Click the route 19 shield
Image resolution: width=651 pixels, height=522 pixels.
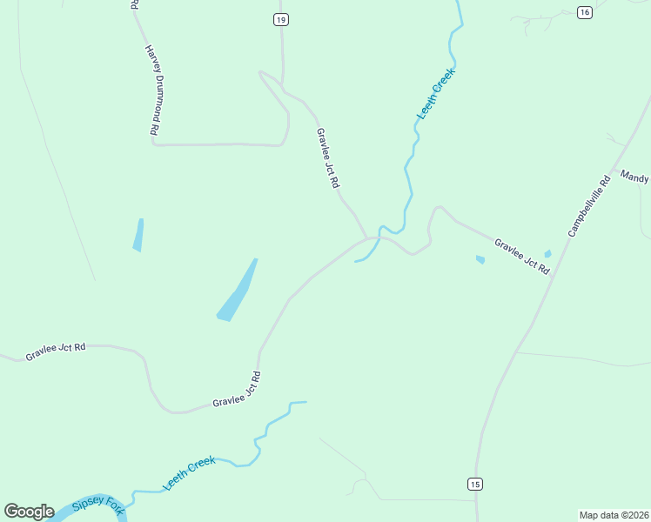pos(280,19)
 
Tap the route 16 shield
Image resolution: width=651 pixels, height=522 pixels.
pos(584,11)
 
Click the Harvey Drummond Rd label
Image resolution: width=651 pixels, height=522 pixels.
pos(151,90)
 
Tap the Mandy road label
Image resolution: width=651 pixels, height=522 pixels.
pos(634,177)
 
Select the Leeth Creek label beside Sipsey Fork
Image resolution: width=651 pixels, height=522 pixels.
pos(189,473)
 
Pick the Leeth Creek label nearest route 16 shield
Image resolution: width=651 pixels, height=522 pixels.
pos(436,94)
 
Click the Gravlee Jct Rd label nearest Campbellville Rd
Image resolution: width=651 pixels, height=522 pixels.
pos(522,257)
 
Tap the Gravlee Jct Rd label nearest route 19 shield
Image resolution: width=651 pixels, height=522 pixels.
pos(327,159)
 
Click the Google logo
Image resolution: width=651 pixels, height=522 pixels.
pos(29,512)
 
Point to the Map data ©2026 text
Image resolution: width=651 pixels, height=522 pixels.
pos(614,514)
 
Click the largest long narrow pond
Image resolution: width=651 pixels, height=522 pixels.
pos(238,291)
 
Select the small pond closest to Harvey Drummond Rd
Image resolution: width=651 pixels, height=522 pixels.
pos(138,235)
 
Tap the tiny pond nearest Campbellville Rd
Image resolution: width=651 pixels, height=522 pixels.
pos(547,254)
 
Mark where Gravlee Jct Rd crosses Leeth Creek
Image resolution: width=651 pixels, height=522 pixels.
pos(377,238)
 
